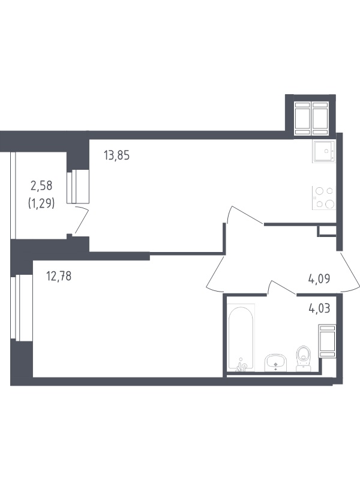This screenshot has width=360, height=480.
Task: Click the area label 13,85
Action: [x=116, y=155]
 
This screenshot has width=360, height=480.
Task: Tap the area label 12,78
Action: [x=59, y=276]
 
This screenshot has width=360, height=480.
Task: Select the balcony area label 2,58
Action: [x=41, y=185]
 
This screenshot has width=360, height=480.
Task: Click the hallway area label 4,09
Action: [x=319, y=279]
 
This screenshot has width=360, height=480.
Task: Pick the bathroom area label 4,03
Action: [x=319, y=308]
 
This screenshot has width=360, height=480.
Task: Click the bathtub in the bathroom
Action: [x=241, y=337]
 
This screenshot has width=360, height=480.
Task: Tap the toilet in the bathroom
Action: [x=304, y=358]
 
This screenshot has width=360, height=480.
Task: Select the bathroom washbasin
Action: [x=275, y=362]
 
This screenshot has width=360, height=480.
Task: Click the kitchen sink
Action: [x=324, y=151]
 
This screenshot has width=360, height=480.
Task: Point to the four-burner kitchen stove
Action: [x=324, y=198]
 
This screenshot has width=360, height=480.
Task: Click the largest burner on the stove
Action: [x=329, y=204]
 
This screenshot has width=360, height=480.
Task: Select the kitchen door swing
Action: [x=245, y=214]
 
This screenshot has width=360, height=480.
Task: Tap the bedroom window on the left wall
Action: [x=22, y=307]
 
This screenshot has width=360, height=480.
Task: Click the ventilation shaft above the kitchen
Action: [x=311, y=118]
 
